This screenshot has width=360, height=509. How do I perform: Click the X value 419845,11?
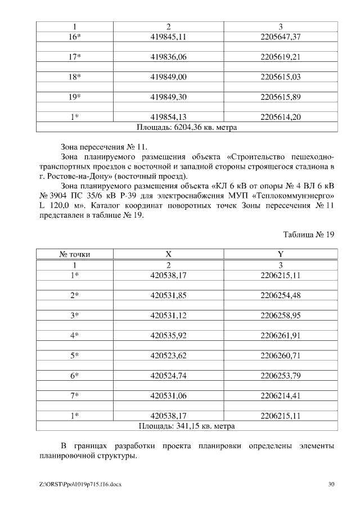(x=168, y=37)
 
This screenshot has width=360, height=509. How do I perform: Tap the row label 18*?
(x=74, y=76)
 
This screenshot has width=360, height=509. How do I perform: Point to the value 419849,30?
(x=168, y=97)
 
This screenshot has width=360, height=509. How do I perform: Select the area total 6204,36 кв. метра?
(x=187, y=127)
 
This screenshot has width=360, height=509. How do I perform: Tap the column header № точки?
(x=74, y=254)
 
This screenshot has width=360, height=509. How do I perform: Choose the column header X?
(x=168, y=254)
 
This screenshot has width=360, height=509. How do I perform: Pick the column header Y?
(x=281, y=254)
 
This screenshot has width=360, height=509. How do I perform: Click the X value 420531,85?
(x=168, y=295)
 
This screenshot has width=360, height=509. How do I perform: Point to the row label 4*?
(x=74, y=336)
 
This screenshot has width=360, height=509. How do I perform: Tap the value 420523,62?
(x=168, y=355)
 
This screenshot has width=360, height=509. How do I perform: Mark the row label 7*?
(x=74, y=396)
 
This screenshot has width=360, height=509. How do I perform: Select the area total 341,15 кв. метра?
(x=187, y=426)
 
